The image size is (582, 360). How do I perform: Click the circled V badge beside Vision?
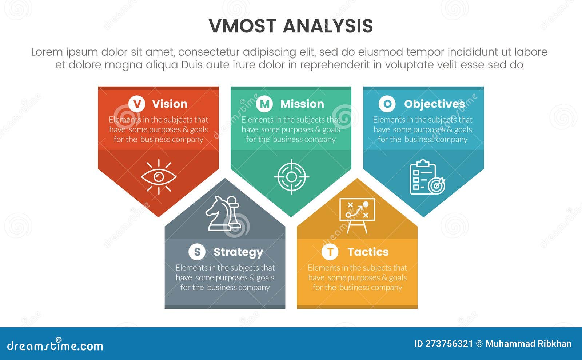click(137, 104)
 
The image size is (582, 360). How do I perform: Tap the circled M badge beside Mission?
click(264, 104)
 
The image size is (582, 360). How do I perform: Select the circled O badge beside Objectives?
click(387, 104)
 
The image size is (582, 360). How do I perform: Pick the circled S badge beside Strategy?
click(197, 252)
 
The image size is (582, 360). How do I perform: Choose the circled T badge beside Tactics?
click(330, 252)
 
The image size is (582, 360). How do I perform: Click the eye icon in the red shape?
click(159, 177)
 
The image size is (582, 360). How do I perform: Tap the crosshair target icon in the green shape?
click(291, 177)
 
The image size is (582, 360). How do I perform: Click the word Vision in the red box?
click(170, 104)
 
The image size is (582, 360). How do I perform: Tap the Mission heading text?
click(302, 104)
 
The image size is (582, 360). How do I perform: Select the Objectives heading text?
click(434, 104)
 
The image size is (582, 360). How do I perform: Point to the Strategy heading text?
click(238, 252)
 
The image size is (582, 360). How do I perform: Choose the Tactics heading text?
click(368, 252)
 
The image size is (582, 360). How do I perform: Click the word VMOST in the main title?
click(243, 26)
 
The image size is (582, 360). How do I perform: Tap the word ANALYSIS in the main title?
click(328, 26)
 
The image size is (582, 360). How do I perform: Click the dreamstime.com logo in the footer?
click(55, 345)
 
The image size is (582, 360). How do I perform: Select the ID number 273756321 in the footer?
click(449, 344)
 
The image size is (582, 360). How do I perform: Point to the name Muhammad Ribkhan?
click(528, 344)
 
